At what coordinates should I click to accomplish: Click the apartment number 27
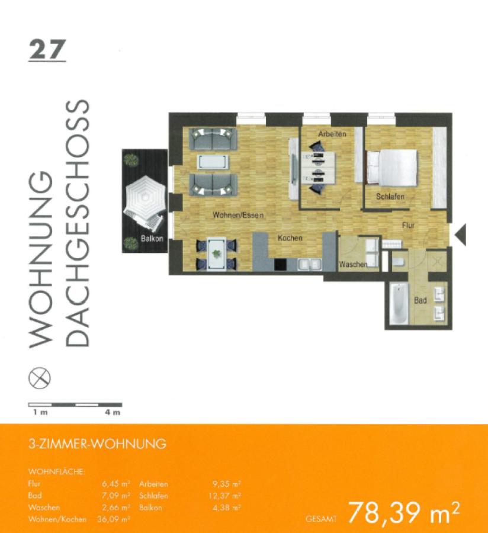click(x=47, y=50)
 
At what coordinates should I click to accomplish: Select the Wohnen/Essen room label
click(x=238, y=216)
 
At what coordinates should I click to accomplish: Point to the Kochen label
click(x=290, y=238)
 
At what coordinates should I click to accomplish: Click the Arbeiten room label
click(x=332, y=134)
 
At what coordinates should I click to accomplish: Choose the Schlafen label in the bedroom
click(x=390, y=196)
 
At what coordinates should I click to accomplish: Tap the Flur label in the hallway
click(x=409, y=225)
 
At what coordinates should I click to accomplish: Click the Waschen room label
click(x=353, y=264)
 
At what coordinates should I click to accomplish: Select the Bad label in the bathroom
click(x=420, y=301)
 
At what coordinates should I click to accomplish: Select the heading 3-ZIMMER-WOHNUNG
click(x=97, y=444)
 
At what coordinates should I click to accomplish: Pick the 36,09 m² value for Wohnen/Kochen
click(x=116, y=519)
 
